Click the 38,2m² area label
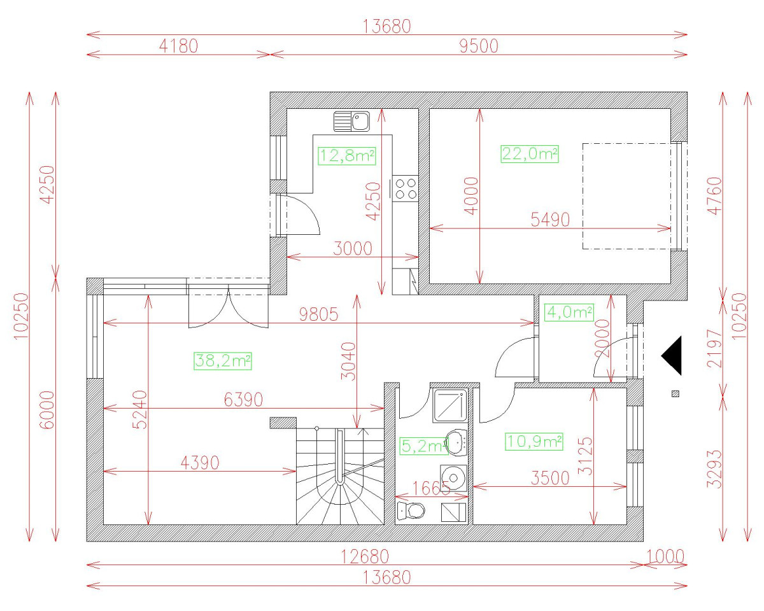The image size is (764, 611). click(223, 361)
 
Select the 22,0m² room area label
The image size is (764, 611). click(530, 154)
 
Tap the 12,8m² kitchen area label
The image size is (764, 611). click(346, 155)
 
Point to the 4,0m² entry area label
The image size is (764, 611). click(569, 313)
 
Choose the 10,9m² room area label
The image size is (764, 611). click(535, 441)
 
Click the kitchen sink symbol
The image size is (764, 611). click(351, 121)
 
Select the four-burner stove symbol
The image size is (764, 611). click(406, 188)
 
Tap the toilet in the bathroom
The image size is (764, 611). click(411, 510)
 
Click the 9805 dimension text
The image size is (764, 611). click(316, 314)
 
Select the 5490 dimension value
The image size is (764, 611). click(550, 220)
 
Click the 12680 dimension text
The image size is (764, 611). click(364, 556)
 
